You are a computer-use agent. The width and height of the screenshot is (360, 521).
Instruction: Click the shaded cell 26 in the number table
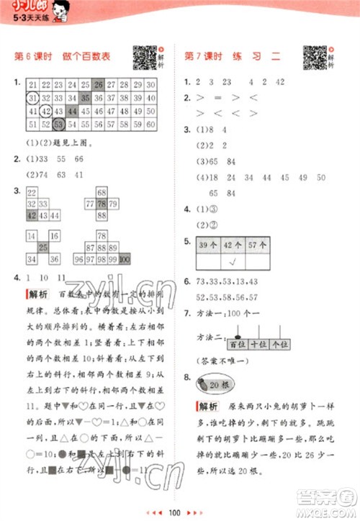pyautogui.click(x=99, y=84)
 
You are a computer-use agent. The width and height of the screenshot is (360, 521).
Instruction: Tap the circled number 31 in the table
pyautogui.click(x=32, y=98)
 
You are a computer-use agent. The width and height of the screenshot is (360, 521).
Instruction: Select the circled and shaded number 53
pyautogui.click(x=59, y=125)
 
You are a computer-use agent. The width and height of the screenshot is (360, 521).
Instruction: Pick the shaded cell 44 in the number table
pyautogui.click(x=72, y=112)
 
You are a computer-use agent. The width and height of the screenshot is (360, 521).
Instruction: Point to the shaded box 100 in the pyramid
pyautogui.click(x=124, y=259)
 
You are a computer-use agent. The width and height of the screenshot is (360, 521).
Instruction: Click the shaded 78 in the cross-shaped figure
pyautogui.click(x=102, y=204)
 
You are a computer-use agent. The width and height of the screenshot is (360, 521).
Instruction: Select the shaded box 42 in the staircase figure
pyautogui.click(x=32, y=216)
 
